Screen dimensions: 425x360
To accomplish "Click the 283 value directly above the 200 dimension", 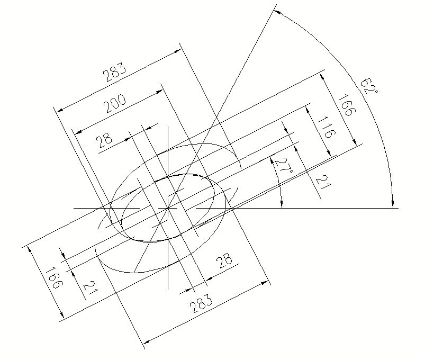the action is [x=115, y=73].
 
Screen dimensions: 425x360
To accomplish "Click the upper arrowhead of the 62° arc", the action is [x=276, y=12].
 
